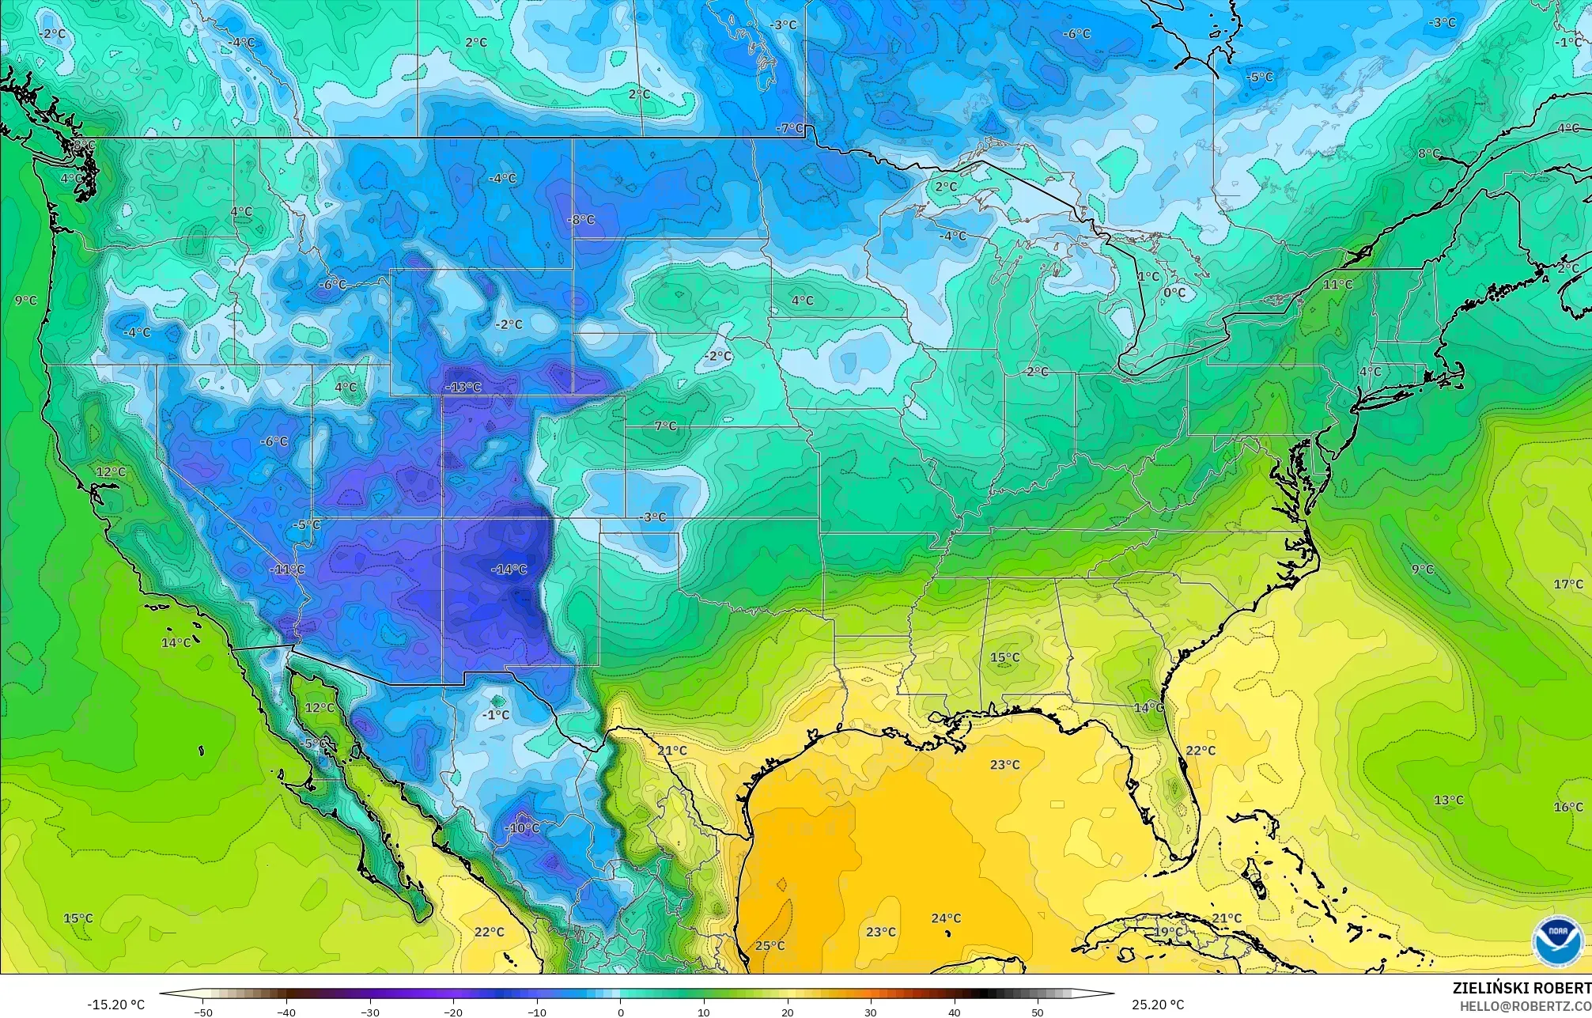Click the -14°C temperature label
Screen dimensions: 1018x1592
click(x=509, y=570)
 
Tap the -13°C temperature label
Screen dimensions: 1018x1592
click(x=463, y=387)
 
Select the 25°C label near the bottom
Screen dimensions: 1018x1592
click(x=769, y=945)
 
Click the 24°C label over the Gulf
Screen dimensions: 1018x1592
click(x=945, y=918)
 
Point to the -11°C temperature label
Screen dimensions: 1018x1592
click(x=287, y=569)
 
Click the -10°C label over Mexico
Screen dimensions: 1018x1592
click(x=523, y=828)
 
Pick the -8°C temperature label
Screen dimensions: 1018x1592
click(x=582, y=219)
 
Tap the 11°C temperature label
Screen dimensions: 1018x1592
click(x=1337, y=284)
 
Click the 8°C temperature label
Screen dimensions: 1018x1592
click(x=1428, y=153)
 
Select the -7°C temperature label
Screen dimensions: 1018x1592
click(x=789, y=128)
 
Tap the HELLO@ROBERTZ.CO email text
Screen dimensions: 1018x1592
click(x=1525, y=1005)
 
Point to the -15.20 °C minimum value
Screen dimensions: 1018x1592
click(x=115, y=1005)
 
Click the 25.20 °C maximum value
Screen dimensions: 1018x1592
click(x=1157, y=1005)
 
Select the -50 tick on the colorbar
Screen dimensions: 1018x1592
click(x=203, y=1012)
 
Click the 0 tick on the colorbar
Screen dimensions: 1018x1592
click(x=621, y=1012)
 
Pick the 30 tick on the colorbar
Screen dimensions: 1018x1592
click(x=871, y=1012)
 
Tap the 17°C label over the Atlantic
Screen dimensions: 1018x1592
click(x=1567, y=585)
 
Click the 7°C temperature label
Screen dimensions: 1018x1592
click(x=665, y=426)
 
